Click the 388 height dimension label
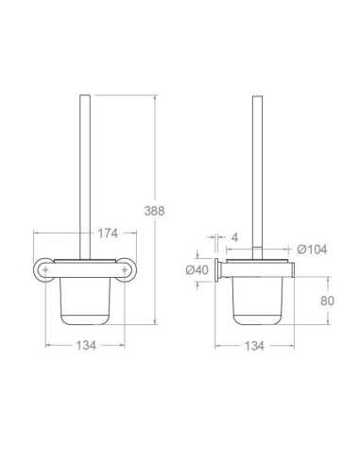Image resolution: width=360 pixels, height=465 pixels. [x=154, y=211]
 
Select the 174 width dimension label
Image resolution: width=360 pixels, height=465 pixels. [x=108, y=233]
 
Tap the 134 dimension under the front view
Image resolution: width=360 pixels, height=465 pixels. [x=86, y=346]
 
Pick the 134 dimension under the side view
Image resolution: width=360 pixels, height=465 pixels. [x=254, y=346]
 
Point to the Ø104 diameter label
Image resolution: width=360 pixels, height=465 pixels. [x=312, y=250]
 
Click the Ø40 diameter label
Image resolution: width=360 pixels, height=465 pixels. [x=197, y=270]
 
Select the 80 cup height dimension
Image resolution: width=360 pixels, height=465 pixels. [x=327, y=301]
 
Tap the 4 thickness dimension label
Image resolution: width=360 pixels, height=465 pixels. [x=234, y=237]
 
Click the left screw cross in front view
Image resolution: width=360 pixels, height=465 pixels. [x=45, y=269]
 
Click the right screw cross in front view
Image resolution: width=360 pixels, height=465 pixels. [x=125, y=269]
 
